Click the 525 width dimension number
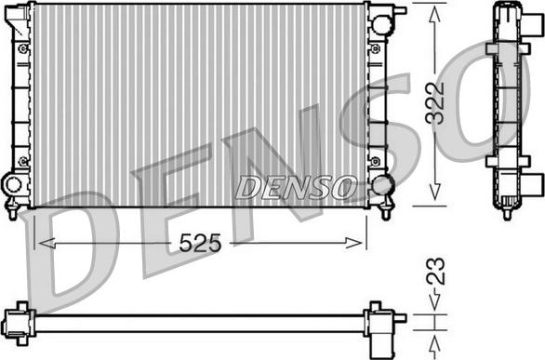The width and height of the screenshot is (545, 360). pyautogui.click(x=200, y=243)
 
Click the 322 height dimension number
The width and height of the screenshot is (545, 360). pyautogui.click(x=435, y=103)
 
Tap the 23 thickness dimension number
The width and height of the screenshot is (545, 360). pyautogui.click(x=435, y=271)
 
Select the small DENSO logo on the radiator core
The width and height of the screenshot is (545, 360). pyautogui.click(x=296, y=187)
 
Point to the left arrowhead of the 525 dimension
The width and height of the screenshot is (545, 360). pyautogui.click(x=47, y=243)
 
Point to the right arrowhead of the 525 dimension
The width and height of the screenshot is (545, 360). pyautogui.click(x=353, y=243)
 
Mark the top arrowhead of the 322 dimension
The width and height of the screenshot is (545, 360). pyautogui.click(x=435, y=16)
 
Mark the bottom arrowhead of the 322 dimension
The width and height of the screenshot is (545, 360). pyautogui.click(x=435, y=192)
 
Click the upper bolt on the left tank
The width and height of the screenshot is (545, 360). pyautogui.click(x=23, y=48)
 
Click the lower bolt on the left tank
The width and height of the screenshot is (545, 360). pyautogui.click(x=23, y=161)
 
